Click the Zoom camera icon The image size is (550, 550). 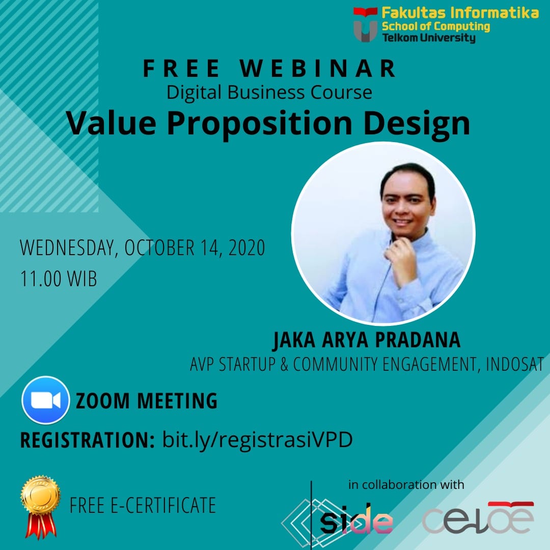pos(45,400)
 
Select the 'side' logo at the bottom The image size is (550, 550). pos(356,520)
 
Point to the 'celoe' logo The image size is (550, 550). pos(478,519)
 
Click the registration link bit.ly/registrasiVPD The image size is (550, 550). pos(257,440)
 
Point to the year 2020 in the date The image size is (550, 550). pos(246,248)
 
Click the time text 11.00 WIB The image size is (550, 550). pos(58,279)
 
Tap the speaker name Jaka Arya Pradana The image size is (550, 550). pos(367,341)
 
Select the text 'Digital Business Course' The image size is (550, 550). pos(269,93)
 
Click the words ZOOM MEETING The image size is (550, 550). pos(147,401)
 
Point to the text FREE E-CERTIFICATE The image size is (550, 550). pos(143,505)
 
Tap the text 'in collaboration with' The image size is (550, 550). pos(406,484)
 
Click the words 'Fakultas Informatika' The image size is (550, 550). pos(460,13)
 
